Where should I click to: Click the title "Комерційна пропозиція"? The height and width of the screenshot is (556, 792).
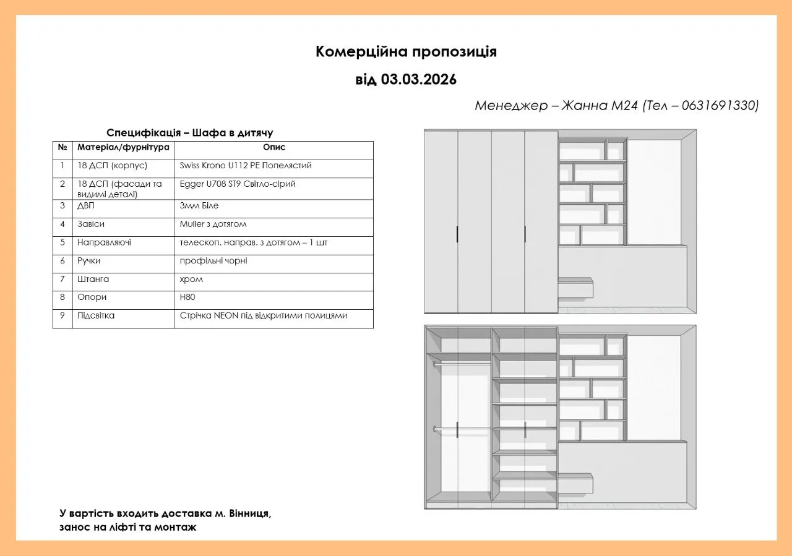point(406,51)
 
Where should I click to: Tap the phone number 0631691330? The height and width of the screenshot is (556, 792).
point(720,106)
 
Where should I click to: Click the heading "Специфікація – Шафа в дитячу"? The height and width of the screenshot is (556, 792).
point(189,133)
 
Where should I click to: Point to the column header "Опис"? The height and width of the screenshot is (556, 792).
point(273,148)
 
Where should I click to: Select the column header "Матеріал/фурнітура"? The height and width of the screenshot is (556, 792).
point(123,148)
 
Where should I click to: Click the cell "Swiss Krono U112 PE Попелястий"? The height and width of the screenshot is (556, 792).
point(246,166)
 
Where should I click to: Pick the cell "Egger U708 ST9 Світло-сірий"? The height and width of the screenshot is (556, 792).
point(238,184)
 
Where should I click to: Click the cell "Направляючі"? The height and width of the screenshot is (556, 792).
point(104,242)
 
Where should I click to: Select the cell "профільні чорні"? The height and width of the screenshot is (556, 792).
point(213,261)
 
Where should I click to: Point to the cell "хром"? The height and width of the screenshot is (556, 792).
point(191,280)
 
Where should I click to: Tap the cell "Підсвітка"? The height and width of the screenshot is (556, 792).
point(96,316)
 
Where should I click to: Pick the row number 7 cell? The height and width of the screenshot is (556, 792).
point(62,280)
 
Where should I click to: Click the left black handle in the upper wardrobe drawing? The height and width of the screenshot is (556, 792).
point(457,234)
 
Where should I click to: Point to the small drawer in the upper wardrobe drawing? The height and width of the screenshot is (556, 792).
point(575,288)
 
